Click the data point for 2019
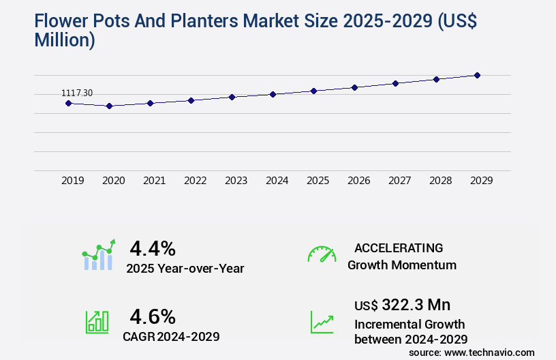click(68, 103)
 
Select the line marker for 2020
click(109, 106)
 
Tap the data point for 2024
click(273, 94)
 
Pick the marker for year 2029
click(477, 75)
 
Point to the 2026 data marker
click(354, 87)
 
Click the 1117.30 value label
click(77, 93)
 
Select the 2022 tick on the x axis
click(195, 181)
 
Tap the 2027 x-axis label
click(399, 181)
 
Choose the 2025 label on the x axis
click(318, 181)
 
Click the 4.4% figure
click(153, 247)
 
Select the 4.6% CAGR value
click(153, 316)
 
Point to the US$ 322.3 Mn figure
click(403, 304)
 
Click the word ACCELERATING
click(399, 248)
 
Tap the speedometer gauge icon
click(322, 254)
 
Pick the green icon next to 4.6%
click(97, 322)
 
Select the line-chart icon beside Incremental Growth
click(322, 322)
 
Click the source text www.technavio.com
click(489, 352)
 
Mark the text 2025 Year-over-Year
click(185, 269)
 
